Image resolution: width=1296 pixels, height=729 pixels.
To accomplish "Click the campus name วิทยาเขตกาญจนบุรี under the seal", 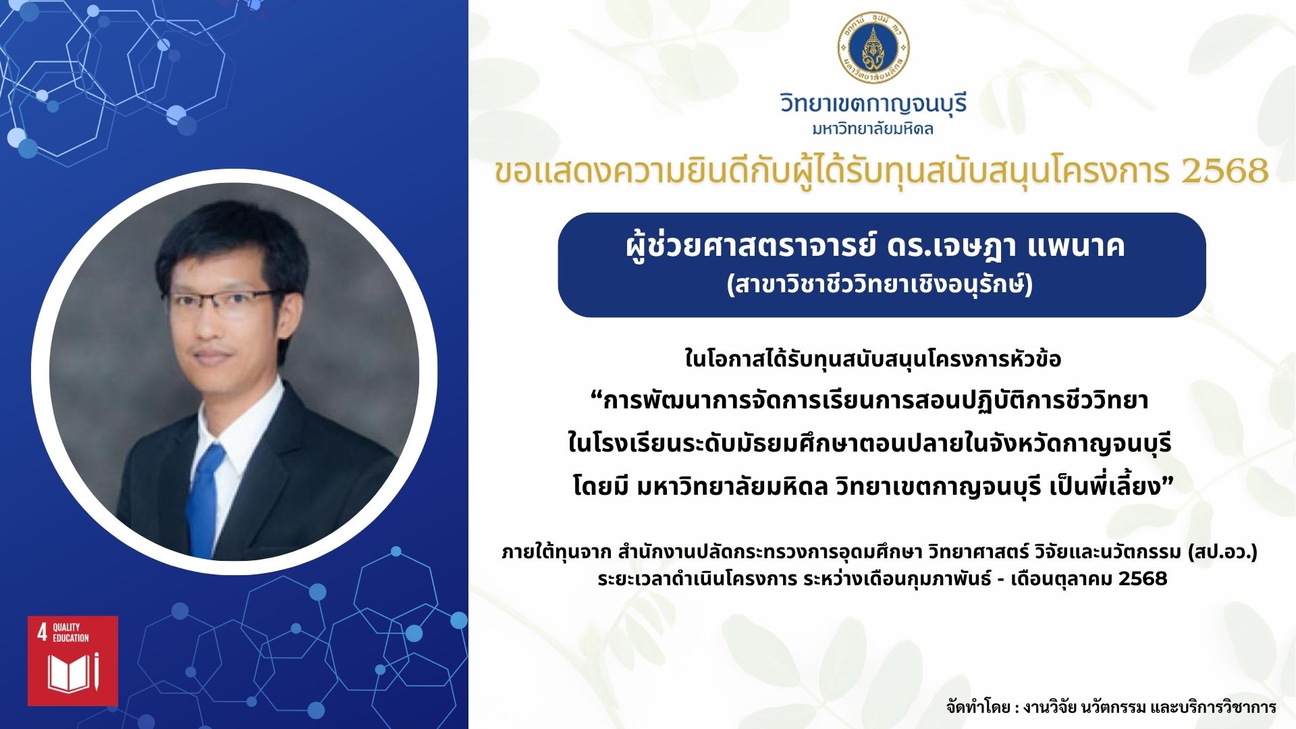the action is [873, 104].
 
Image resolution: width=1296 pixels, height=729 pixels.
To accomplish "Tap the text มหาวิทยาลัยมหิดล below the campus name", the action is [873, 129].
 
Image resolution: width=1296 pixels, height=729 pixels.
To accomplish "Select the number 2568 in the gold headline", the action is [1225, 171].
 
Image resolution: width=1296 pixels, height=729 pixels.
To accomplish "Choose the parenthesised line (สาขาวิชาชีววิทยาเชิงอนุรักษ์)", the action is [880, 285].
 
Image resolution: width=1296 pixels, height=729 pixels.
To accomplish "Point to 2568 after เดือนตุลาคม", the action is [1143, 578].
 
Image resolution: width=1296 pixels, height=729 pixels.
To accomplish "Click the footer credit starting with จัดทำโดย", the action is [1111, 707].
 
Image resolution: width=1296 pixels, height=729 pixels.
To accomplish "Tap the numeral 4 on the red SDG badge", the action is [42, 632].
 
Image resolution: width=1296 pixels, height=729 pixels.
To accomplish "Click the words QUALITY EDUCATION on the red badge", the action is [71, 632].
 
